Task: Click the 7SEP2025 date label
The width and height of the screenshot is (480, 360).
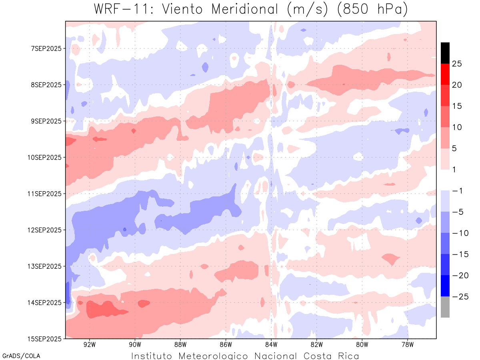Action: tap(46, 48)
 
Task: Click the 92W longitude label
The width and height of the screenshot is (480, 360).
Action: tap(89, 345)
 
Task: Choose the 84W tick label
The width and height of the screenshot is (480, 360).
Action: tap(271, 345)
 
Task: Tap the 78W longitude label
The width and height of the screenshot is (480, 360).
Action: tap(407, 345)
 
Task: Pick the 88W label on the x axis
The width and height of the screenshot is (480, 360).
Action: tap(180, 345)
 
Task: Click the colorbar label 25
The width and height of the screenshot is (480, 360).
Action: tap(457, 64)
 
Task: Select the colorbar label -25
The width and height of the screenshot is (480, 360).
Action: tap(455, 296)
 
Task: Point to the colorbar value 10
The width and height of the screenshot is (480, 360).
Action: tap(457, 127)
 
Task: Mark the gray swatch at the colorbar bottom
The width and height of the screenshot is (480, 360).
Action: tap(445, 307)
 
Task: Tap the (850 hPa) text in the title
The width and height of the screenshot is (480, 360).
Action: tap(373, 9)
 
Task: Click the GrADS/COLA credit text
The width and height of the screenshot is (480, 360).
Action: tap(21, 356)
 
